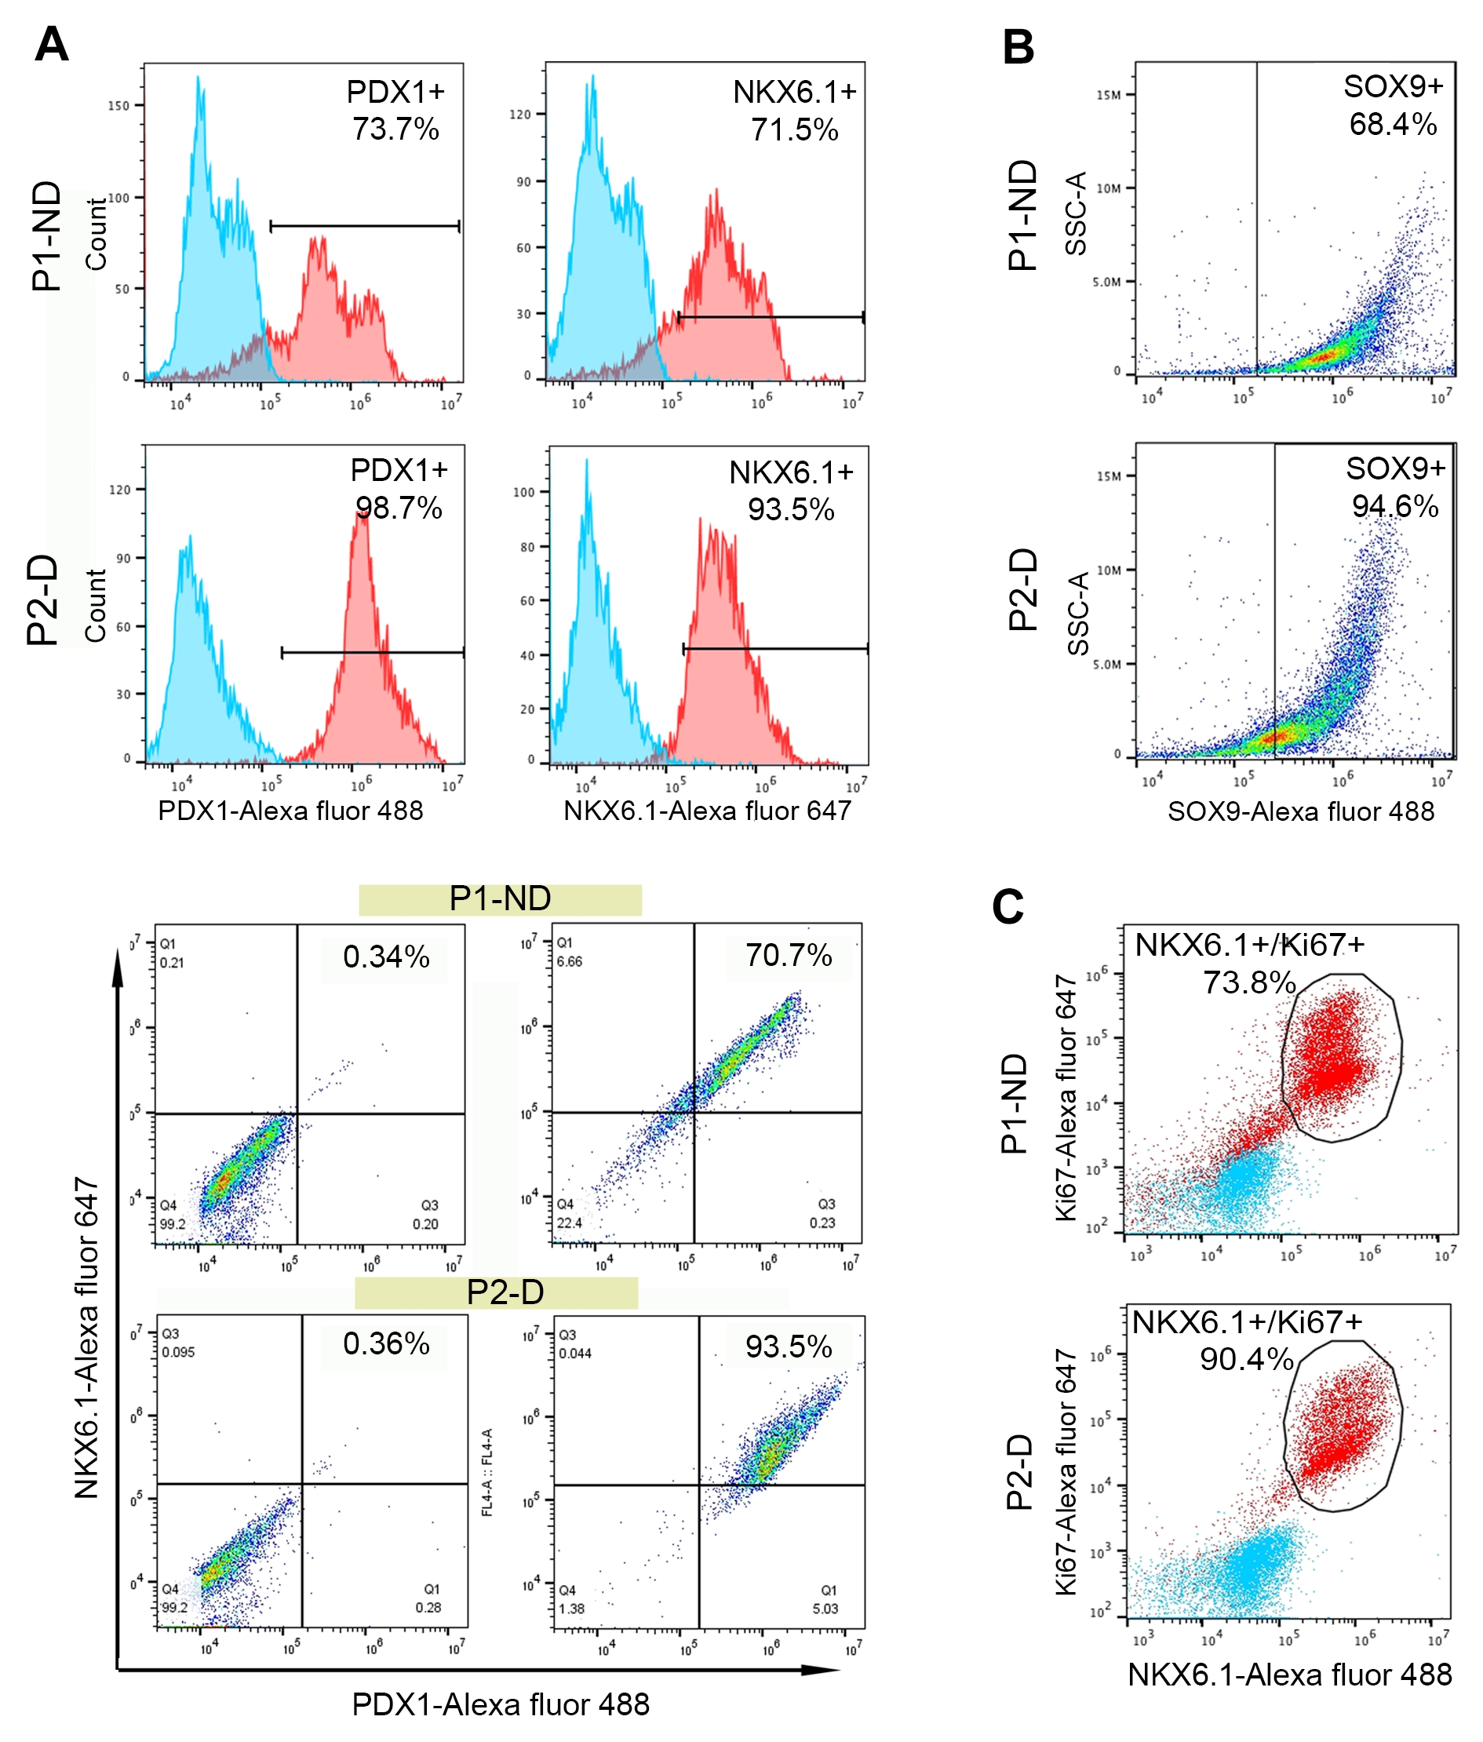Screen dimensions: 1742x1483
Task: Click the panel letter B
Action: pos(1018,48)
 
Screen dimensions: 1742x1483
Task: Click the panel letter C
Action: pos(1008,908)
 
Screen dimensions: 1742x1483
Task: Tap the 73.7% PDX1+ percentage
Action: pos(395,129)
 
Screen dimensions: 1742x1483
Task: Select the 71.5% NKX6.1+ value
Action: pos(794,130)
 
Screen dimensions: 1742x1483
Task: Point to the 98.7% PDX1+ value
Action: pos(399,508)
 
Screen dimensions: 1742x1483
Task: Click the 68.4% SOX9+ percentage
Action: pos(1393,125)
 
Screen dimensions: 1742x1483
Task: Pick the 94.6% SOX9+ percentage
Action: pos(1395,506)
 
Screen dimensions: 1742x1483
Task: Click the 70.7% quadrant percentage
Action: pos(789,956)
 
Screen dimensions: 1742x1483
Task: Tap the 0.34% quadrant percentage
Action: pos(386,957)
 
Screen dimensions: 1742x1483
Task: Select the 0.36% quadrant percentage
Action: pos(386,1343)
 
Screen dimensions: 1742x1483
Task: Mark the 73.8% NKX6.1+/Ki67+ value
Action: pos(1248,982)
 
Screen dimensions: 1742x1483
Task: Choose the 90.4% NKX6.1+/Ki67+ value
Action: pos(1246,1359)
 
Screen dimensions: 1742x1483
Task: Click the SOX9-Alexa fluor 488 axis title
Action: pos(1301,811)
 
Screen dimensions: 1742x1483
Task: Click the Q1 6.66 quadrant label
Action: pos(568,953)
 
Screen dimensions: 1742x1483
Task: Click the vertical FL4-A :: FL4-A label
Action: pos(486,1471)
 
